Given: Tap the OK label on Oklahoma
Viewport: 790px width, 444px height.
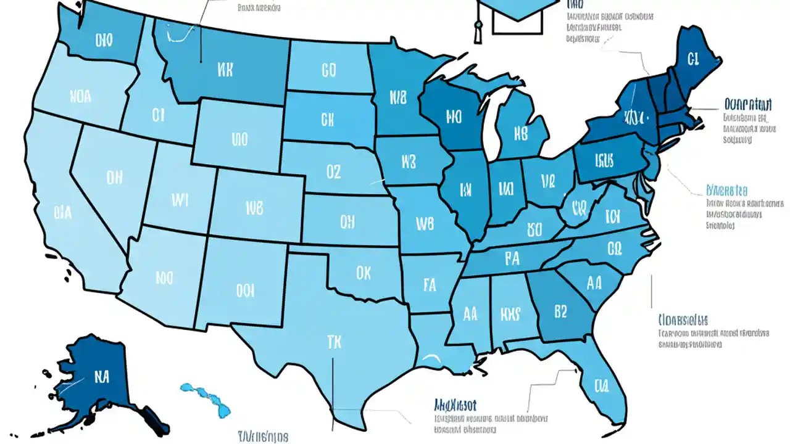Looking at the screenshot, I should [x=364, y=272].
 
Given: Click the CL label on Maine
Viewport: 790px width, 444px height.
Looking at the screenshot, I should [x=692, y=58].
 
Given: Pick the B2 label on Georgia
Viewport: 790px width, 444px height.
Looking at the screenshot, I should [x=560, y=311].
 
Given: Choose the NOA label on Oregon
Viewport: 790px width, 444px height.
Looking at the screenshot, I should [x=80, y=97].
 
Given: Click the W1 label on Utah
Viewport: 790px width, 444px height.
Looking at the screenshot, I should [x=179, y=200].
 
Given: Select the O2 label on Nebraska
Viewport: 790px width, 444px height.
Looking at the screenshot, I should [x=333, y=172].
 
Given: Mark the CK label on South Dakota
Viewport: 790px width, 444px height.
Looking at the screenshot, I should [x=327, y=118].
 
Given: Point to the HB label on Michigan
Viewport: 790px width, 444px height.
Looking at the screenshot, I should [x=520, y=133].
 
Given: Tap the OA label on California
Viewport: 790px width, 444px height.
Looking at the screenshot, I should [x=62, y=213].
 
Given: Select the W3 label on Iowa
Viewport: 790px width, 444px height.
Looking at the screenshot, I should [x=408, y=162].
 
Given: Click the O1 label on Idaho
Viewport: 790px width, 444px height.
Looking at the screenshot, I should [x=158, y=115].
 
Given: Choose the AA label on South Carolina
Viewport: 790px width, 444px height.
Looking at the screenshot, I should [x=594, y=283].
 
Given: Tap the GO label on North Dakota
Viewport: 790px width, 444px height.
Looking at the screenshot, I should [x=328, y=71].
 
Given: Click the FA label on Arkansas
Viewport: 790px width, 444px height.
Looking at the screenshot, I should [x=430, y=284].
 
